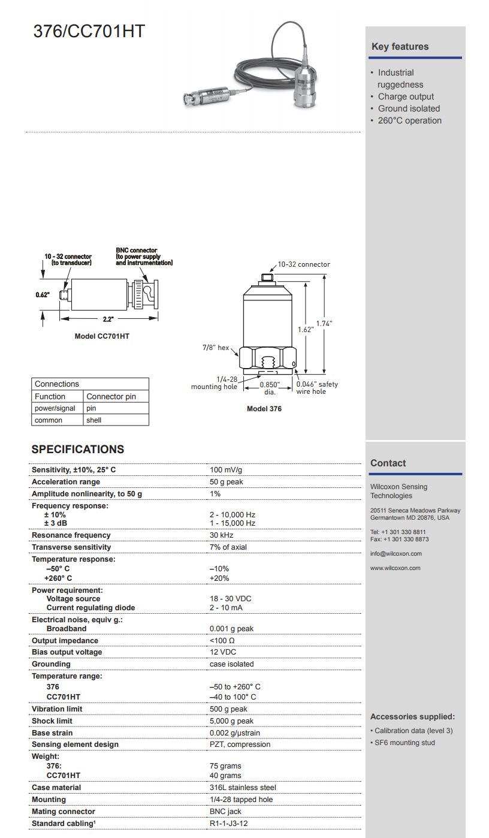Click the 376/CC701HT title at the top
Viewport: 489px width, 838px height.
coord(89,31)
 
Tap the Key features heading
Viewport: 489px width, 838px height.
coord(400,47)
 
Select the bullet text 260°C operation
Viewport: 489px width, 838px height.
coord(409,120)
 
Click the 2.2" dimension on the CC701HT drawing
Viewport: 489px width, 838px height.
coord(108,319)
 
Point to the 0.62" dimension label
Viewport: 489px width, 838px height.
coord(42,295)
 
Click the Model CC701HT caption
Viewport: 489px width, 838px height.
coord(102,336)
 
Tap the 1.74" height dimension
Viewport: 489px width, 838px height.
coord(324,324)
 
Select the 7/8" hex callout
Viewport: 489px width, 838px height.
coord(216,348)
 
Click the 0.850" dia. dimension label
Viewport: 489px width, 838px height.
coord(270,388)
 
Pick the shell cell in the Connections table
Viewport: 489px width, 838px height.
coord(94,420)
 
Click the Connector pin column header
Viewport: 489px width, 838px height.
coord(111,396)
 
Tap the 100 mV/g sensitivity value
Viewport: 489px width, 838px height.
coord(226,470)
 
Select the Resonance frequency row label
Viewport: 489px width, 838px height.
coord(71,535)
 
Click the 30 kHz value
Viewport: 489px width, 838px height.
coord(222,535)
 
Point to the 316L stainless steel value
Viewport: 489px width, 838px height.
coord(243,788)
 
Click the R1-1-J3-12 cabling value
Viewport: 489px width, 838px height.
coord(228,824)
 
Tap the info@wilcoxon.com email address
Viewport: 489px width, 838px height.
coord(396,554)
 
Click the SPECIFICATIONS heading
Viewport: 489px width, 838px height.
coord(78,450)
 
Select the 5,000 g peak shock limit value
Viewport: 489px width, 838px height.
coord(231,721)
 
